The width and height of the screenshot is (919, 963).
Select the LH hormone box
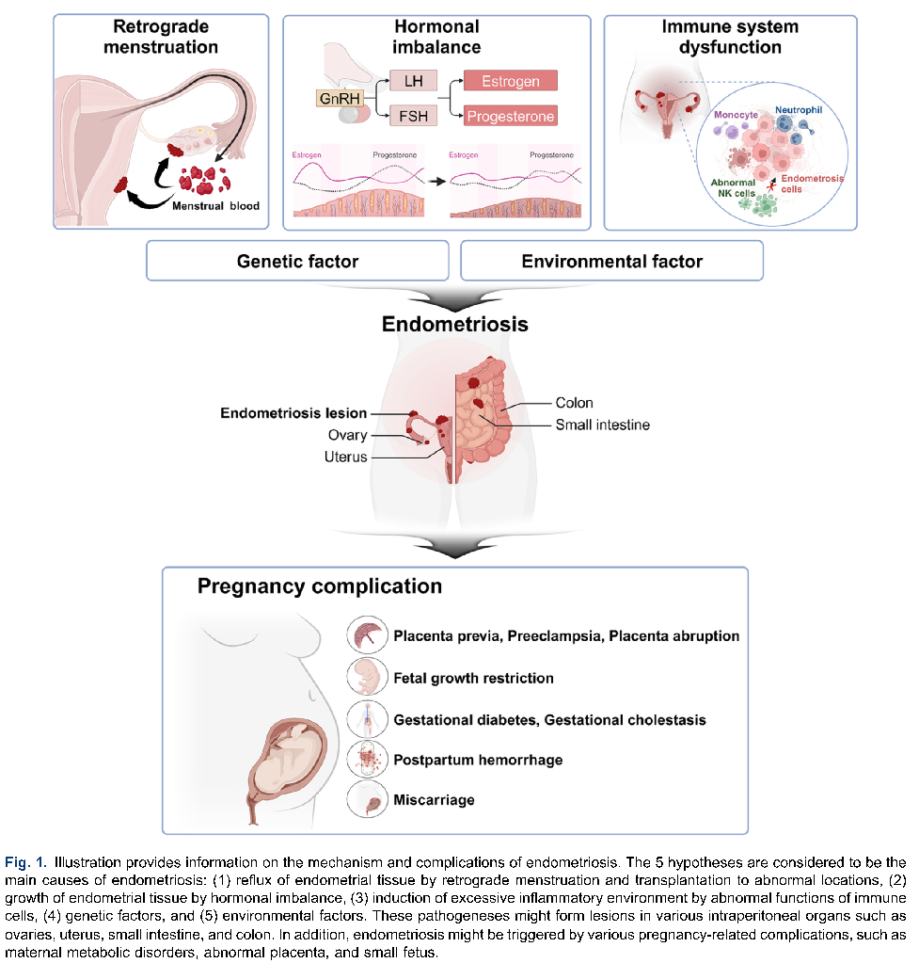[414, 81]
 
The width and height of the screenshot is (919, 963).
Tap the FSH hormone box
[414, 118]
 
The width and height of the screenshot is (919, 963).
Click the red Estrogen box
[511, 81]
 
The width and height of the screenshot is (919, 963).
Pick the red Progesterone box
[511, 117]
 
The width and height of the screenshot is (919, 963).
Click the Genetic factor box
[297, 261]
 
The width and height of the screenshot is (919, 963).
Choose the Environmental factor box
[611, 261]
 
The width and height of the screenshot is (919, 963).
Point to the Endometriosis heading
[455, 325]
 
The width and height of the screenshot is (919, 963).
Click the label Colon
[574, 403]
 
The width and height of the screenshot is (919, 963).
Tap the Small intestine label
[602, 425]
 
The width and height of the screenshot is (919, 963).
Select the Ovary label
[347, 436]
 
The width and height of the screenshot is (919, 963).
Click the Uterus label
[345, 457]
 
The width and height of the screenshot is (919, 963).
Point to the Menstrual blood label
[214, 205]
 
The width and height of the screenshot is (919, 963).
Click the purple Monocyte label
[736, 115]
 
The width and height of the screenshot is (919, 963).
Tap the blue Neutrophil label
[799, 110]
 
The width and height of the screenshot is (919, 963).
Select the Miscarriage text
[434, 800]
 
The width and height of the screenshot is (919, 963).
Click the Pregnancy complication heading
[320, 586]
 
